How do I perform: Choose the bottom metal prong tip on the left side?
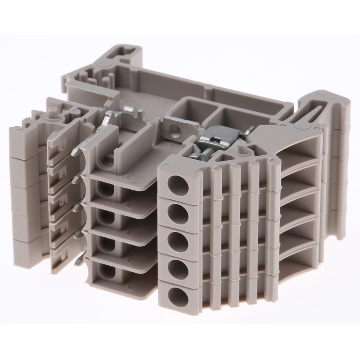[x=78, y=261]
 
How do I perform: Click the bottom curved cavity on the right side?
[x=297, y=252]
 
